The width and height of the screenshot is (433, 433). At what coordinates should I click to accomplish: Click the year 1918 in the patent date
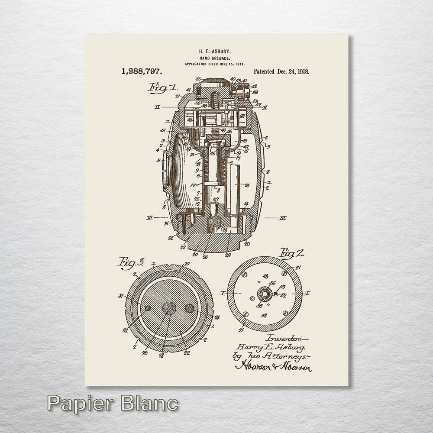coord(301,71)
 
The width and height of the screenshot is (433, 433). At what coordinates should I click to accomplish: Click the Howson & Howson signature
coord(273,367)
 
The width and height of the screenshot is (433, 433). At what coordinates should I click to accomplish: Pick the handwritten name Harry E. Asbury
coord(271,347)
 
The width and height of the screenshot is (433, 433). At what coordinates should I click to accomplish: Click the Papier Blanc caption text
coord(113,404)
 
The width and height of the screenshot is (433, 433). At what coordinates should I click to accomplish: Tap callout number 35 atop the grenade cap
coord(199,79)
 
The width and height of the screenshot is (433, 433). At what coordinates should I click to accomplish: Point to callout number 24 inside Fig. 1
coord(247,185)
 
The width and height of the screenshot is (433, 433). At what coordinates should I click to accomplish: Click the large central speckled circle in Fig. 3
coord(169,308)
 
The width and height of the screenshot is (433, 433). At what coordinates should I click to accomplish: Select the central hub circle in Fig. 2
coord(264,294)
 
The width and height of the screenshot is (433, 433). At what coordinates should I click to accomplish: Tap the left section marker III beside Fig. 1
coord(149,218)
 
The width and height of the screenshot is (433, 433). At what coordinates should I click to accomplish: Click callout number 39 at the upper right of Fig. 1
coord(255,92)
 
